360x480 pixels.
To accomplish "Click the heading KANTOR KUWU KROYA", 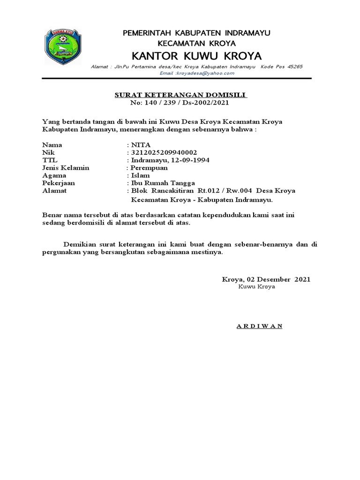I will point(196,56).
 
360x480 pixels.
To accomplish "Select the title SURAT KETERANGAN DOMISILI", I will point(181,95).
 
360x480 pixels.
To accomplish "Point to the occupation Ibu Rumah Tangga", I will point(162,183).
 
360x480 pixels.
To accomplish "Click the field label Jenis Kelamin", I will point(66,167).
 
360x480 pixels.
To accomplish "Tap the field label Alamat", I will point(54,190).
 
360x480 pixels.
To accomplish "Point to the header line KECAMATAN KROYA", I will point(196,43).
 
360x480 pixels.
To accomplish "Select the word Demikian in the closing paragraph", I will point(80,244).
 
